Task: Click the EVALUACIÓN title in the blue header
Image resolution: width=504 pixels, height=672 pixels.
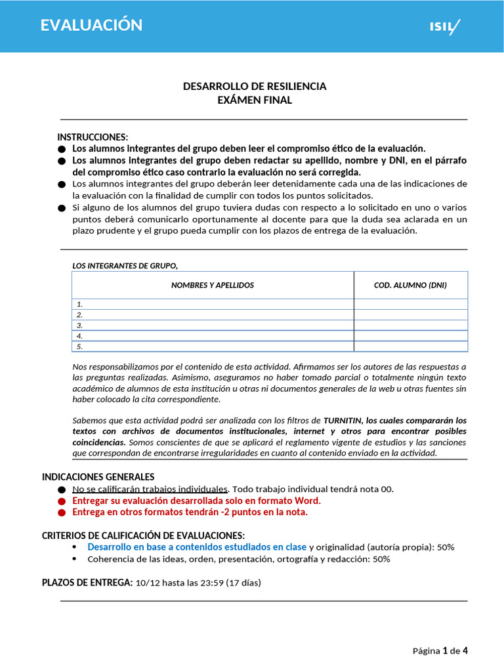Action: point(91,25)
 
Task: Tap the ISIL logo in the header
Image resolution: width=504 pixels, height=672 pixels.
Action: point(445,27)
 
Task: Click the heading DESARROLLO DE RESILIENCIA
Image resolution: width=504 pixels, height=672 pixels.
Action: point(255,86)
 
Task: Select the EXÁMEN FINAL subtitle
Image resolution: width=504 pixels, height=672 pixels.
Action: point(255,100)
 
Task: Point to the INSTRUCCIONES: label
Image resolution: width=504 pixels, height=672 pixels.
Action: point(93,137)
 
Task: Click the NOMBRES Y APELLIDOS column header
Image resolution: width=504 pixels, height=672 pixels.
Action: point(213,285)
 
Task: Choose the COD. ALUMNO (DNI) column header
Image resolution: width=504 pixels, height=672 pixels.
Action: point(410,285)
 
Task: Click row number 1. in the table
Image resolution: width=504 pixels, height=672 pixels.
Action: point(80,304)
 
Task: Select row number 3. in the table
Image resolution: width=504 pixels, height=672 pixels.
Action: point(80,325)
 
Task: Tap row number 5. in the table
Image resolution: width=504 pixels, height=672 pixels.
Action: point(80,346)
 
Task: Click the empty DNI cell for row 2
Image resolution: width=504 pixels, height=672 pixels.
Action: point(410,315)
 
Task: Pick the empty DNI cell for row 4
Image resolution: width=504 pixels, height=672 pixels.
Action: point(410,336)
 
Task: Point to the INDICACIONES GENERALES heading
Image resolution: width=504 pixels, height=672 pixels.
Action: point(98,476)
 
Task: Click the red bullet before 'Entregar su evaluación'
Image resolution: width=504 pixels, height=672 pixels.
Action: point(62,501)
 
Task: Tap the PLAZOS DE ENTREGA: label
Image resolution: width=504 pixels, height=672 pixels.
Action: point(87,582)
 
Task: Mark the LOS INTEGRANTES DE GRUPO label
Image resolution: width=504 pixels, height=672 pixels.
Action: point(125,265)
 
